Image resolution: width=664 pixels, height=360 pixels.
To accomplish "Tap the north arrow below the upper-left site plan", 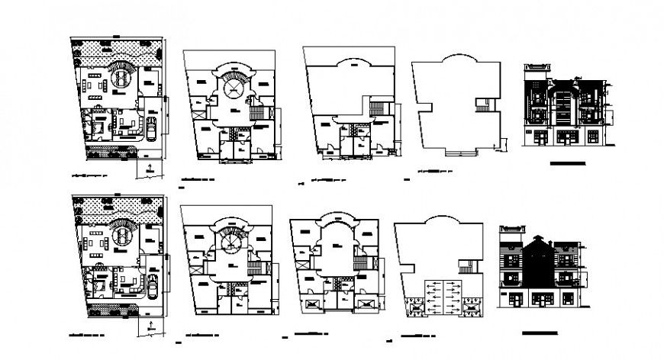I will [151, 168].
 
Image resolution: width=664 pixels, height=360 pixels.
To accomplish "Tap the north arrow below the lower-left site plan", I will [151, 326].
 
